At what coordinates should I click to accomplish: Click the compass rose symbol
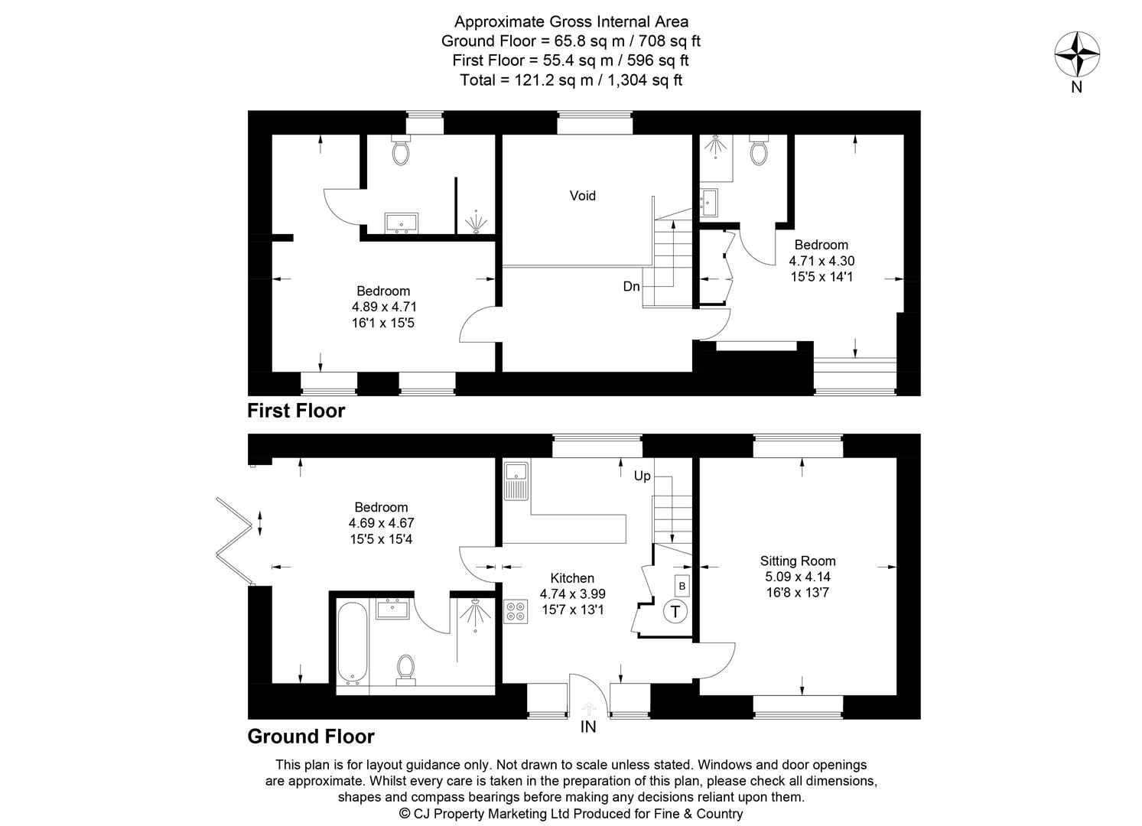tap(1077, 55)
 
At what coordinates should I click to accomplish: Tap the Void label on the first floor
tap(582, 196)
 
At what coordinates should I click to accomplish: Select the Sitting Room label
tap(797, 561)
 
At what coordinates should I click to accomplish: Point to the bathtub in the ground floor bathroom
tap(353, 642)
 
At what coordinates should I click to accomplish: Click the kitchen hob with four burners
tap(516, 612)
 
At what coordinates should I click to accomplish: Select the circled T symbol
tap(675, 611)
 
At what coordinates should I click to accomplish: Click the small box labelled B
tap(682, 586)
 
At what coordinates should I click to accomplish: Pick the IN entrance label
tap(587, 727)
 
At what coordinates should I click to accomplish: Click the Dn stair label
tap(631, 287)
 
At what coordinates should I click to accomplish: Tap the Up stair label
tap(642, 476)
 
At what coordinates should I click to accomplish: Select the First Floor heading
tap(296, 411)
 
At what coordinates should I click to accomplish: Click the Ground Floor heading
tap(311, 737)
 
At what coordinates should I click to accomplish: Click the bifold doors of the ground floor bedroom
tap(233, 540)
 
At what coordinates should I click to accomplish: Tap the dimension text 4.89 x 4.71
tap(384, 307)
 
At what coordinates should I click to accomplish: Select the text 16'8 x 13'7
tap(797, 593)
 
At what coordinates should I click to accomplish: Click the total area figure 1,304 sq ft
tap(645, 80)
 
